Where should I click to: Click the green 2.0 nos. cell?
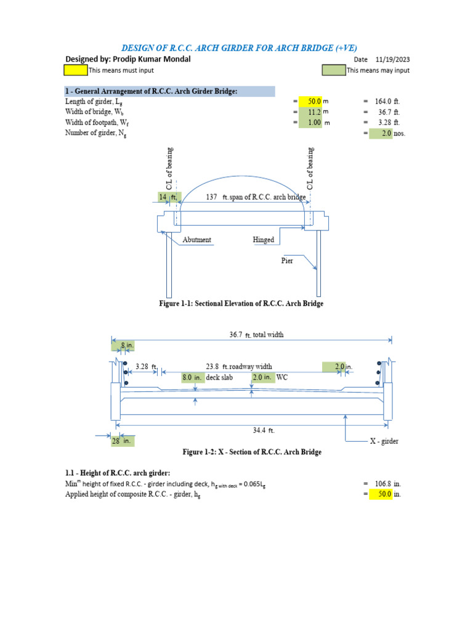click(381, 133)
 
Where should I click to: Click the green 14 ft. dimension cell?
click(166, 197)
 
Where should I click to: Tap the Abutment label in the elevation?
click(197, 240)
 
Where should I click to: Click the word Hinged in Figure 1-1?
click(263, 240)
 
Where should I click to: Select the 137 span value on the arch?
click(213, 197)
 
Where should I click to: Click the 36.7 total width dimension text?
click(236, 335)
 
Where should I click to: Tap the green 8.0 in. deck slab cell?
click(193, 377)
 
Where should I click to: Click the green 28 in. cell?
click(121, 441)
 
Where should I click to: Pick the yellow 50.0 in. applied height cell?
click(381, 494)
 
